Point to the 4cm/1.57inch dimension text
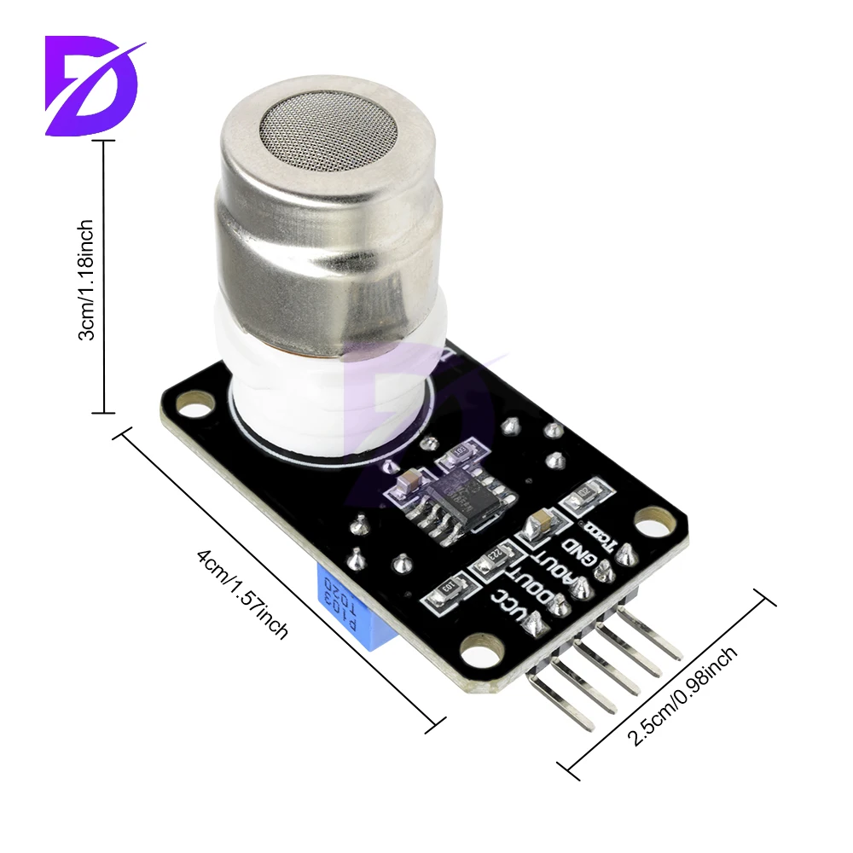[242, 593]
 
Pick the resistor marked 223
[496, 560]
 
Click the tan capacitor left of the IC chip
[401, 486]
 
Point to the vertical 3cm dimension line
[105, 277]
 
